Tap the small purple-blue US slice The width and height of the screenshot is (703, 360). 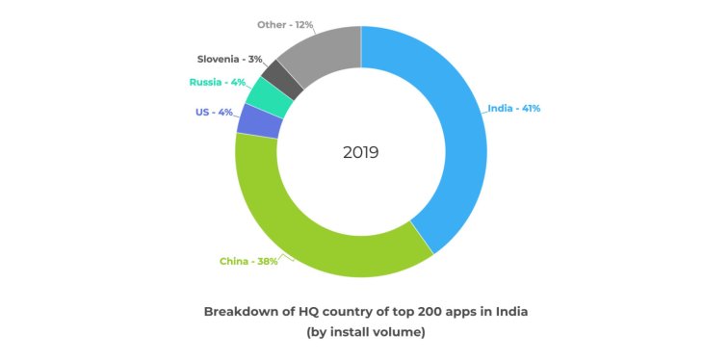253,120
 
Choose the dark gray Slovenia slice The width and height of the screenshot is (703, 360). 283,76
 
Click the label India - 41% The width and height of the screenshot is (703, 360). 514,108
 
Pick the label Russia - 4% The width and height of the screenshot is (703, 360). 217,83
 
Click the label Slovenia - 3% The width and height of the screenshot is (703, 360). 230,59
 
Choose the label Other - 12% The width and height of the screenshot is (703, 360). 287,23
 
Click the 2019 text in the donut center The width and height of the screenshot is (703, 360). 361,152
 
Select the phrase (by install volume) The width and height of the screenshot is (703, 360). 365,332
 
